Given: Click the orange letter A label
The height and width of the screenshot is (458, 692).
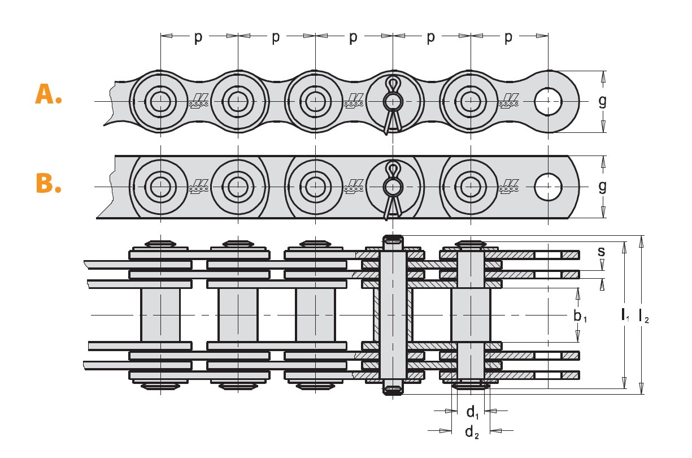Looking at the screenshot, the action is pos(49,94).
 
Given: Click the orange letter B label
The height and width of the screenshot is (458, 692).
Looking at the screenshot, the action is pos(49,183).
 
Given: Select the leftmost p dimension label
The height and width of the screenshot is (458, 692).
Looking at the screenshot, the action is pos(198,37).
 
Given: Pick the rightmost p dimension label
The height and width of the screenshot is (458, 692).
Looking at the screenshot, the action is pos(508,37).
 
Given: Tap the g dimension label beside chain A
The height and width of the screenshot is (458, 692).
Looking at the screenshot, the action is pos(602,101).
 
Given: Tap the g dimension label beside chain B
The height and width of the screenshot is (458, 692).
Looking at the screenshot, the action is pos(602,187).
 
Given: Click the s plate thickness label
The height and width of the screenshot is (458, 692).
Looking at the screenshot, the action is pos(601,251).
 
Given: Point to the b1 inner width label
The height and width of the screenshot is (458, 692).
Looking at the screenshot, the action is pos(580,316).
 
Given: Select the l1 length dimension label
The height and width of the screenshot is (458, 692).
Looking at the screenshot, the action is pos(625,315).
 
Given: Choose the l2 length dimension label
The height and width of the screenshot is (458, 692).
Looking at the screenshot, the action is pos(644,316).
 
